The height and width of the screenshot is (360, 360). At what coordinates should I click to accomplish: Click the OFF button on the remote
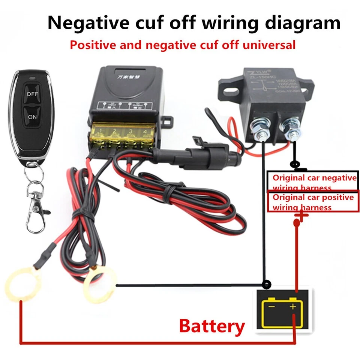(x=32, y=94)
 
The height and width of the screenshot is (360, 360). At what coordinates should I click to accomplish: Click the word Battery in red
(x=212, y=326)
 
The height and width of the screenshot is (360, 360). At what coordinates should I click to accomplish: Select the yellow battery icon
(x=283, y=312)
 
